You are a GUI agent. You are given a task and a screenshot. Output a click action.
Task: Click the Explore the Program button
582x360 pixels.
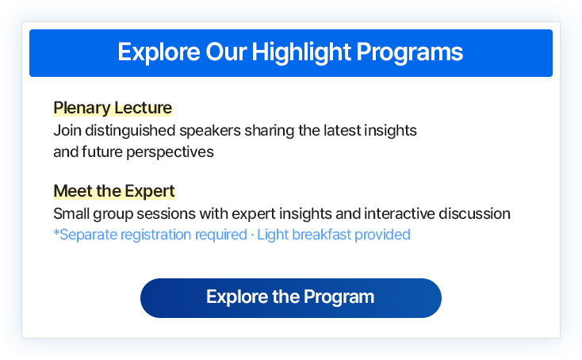point(290,297)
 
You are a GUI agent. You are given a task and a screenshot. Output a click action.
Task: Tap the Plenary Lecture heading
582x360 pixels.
point(112,108)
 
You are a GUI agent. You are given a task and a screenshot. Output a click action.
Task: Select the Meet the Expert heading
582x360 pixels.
point(113,191)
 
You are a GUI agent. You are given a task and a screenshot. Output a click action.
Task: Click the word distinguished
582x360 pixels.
point(125,130)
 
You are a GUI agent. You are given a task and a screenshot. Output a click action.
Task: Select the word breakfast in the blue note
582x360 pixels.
point(323,235)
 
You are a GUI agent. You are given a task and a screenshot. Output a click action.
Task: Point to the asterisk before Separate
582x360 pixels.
point(56,233)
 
